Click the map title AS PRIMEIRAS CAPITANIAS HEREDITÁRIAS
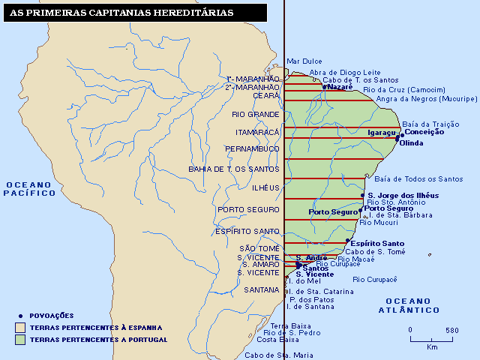pos(121,13)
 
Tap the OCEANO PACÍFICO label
pos(30,188)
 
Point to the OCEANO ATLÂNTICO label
pos(409,305)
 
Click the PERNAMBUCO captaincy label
pos(252,149)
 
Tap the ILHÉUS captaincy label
pos(265,187)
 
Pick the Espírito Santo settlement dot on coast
pos(347,241)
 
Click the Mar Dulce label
pos(304,61)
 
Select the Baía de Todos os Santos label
pos(418,178)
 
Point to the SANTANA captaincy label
pos(261,289)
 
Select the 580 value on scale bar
pos(451,330)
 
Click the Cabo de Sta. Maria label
pos(278,355)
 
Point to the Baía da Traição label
pos(430,124)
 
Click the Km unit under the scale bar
pos(432,347)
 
